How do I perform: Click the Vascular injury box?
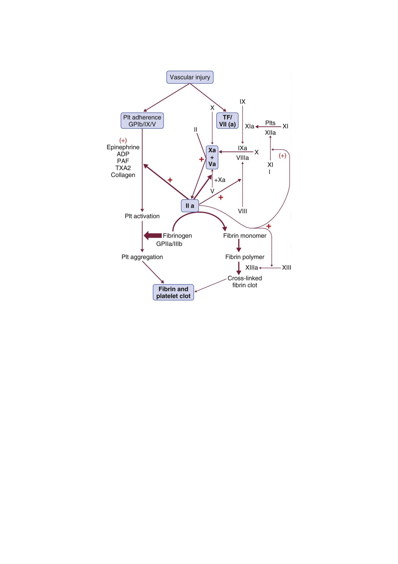click(x=190, y=77)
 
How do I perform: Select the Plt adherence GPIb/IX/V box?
click(x=142, y=121)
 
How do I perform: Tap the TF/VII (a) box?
click(x=227, y=121)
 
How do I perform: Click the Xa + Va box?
click(x=212, y=157)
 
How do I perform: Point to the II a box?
click(x=190, y=206)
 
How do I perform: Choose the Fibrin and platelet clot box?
click(x=173, y=292)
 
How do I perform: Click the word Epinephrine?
click(x=123, y=147)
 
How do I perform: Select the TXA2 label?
click(x=123, y=168)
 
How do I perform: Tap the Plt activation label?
click(x=142, y=216)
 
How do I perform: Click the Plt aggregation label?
click(x=142, y=257)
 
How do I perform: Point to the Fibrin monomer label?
click(x=245, y=236)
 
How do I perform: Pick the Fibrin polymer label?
click(x=245, y=257)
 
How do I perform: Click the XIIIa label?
click(x=251, y=268)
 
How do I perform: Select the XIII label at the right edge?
click(x=286, y=268)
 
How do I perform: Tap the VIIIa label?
click(x=242, y=158)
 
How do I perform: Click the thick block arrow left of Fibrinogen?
click(x=153, y=236)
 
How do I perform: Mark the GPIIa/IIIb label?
click(x=169, y=244)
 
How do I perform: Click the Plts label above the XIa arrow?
click(x=270, y=123)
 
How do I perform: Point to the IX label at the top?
click(x=242, y=102)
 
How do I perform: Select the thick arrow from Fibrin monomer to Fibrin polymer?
click(x=239, y=245)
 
